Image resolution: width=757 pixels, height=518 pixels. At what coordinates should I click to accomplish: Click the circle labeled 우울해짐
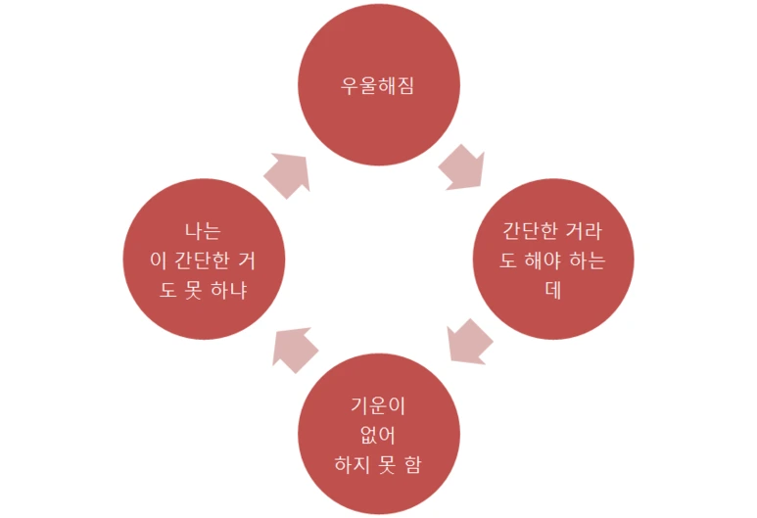point(378,85)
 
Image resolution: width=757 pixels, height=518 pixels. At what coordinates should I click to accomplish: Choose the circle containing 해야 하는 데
point(552,259)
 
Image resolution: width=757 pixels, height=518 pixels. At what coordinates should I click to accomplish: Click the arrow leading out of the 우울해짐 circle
point(461,168)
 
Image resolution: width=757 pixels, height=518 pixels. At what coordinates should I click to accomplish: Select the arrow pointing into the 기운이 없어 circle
point(468,342)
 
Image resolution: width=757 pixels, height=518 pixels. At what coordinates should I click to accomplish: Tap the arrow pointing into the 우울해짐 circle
point(287,175)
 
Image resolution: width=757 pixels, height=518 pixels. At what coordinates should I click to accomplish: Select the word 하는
point(588,260)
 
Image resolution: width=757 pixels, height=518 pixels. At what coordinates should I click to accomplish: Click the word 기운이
point(378,404)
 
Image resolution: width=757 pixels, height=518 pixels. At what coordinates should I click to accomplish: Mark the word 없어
point(378,433)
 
